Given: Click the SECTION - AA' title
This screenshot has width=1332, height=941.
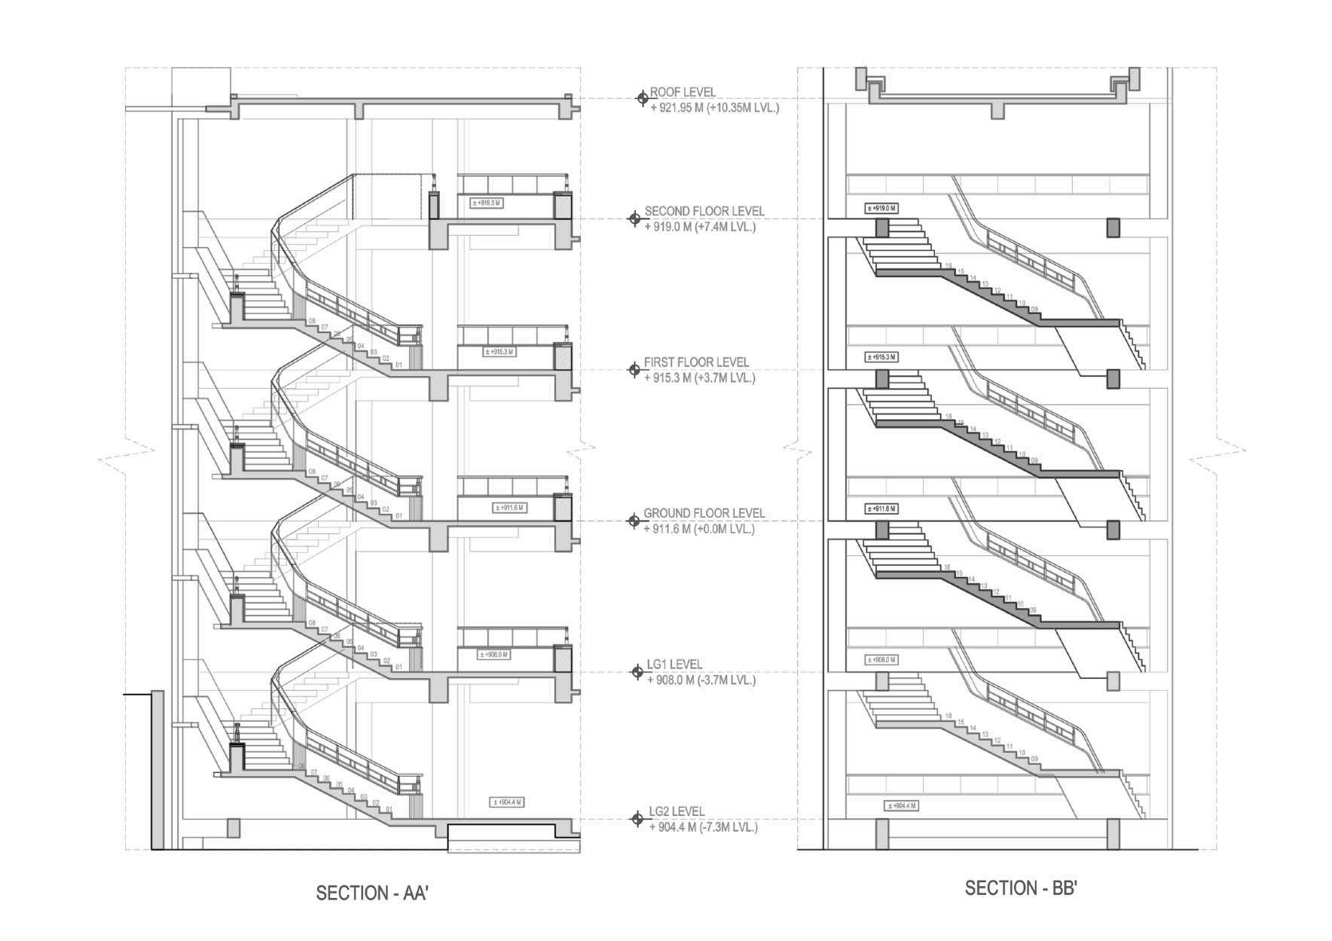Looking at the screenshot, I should point(372,894).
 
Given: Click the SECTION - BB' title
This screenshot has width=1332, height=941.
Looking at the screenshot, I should point(1021,889).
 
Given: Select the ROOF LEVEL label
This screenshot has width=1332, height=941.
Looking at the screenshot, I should point(683,92).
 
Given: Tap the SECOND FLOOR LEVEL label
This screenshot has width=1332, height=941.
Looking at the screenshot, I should point(704,212).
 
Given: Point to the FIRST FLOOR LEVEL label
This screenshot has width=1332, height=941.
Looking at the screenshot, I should point(696,362).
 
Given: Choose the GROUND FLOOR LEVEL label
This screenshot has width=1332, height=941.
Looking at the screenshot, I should point(704,513).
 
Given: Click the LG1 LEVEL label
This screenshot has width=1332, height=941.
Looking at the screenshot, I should point(674,665).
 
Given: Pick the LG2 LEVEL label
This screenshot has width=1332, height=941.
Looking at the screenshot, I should point(677,811).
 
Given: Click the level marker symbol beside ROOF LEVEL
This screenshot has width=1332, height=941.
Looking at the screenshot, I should point(642,98).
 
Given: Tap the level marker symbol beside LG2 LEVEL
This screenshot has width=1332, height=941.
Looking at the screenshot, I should point(637,819).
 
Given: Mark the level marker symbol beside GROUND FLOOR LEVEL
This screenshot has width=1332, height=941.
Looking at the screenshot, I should point(634,521).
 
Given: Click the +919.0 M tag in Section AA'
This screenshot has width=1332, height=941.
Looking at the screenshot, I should point(487,203).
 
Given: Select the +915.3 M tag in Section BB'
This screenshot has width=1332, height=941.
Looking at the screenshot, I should point(881,357).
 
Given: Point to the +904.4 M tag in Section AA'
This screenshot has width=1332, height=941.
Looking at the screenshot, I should point(506,802).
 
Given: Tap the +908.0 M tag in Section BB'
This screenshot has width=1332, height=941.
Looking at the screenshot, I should point(881,660).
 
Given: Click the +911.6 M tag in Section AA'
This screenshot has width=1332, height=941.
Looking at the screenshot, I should point(509,508).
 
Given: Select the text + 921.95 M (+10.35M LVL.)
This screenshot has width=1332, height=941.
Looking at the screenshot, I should point(714,108).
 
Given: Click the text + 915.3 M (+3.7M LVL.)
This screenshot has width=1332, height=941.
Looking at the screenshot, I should point(700,378).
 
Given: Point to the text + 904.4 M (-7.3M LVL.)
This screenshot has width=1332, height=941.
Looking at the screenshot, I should point(703,827).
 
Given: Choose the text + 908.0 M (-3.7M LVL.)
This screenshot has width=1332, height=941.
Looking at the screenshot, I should point(701,680).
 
